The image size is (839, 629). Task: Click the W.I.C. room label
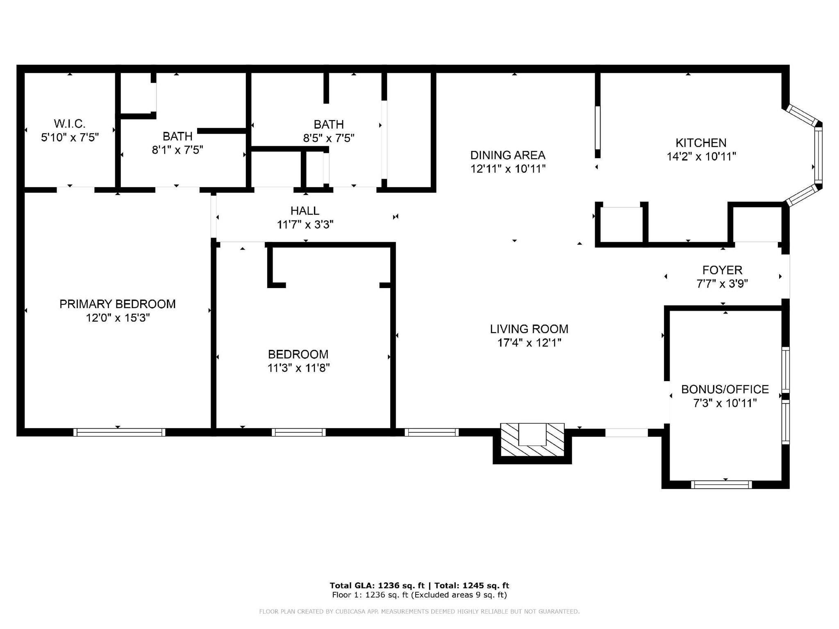[70, 123]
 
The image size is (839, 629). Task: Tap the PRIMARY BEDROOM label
[118, 304]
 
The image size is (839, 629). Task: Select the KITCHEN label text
[701, 143]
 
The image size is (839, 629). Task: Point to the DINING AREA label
[508, 155]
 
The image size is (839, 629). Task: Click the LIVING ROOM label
[529, 329]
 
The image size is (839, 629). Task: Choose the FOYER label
[722, 270]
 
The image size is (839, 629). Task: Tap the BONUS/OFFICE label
[725, 389]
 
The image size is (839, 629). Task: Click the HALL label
[305, 211]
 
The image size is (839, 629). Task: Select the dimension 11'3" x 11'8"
[298, 368]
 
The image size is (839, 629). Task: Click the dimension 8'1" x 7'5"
[177, 150]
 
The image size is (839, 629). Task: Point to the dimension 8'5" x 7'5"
[329, 138]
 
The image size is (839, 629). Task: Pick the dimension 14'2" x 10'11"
[701, 157]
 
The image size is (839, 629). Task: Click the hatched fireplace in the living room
[532, 440]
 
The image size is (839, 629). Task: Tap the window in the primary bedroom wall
[119, 432]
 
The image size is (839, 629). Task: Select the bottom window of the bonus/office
[721, 485]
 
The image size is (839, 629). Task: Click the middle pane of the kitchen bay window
[818, 155]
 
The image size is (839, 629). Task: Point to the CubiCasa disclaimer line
[419, 612]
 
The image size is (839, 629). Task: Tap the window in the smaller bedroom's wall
[298, 432]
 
